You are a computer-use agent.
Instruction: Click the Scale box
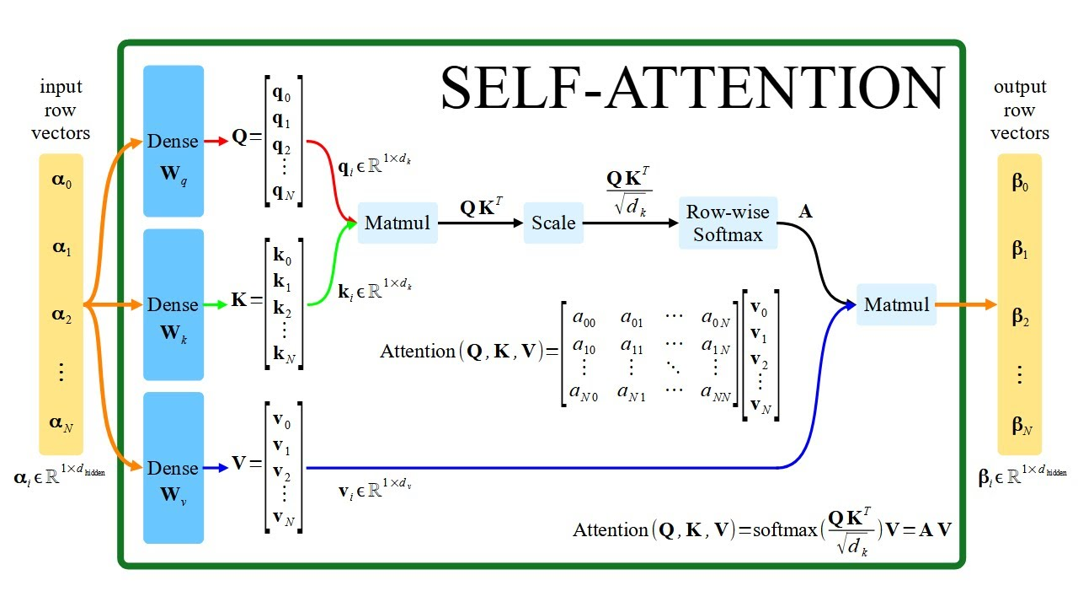553,223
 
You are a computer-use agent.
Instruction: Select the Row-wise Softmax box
728,223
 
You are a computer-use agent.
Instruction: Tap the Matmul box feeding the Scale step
398,223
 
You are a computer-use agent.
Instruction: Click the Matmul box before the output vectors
896,304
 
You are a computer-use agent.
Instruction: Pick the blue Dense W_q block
173,141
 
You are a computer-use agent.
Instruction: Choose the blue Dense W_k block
173,304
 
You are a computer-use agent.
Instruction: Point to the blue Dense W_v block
173,468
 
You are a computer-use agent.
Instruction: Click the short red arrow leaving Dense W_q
216,141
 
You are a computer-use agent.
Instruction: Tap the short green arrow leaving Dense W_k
216,304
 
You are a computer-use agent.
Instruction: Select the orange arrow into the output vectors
966,304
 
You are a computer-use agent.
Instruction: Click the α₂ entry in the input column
61,315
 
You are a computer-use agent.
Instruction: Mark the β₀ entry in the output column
1020,182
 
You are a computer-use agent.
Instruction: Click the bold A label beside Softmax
805,211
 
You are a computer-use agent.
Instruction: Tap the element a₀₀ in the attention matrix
584,319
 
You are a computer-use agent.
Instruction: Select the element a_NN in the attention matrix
716,392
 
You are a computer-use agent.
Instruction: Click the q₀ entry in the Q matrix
281,94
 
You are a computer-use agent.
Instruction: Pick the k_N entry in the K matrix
284,354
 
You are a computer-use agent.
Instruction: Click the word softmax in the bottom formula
785,530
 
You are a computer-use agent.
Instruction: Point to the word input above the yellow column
61,87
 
